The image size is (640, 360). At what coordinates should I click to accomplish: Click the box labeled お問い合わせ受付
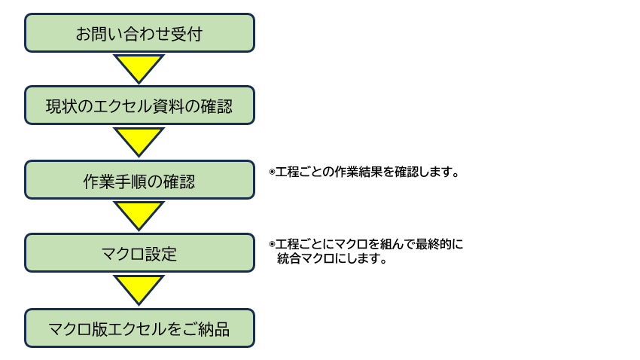click(139, 33)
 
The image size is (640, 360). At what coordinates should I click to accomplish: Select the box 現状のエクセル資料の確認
click(139, 106)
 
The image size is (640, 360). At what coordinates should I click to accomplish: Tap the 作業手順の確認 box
click(139, 181)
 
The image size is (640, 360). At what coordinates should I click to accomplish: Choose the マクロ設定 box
click(139, 253)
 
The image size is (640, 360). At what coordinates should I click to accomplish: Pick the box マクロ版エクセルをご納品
click(139, 328)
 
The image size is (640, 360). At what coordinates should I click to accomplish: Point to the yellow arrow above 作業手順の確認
click(139, 141)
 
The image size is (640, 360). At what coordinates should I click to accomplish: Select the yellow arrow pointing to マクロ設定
click(139, 215)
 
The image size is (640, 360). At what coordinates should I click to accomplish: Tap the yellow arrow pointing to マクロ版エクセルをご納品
click(139, 288)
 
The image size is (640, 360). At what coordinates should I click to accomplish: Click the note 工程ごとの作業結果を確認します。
click(367, 172)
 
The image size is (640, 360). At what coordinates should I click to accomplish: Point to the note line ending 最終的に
click(370, 245)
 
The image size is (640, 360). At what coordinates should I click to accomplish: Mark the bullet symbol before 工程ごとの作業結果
click(272, 172)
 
